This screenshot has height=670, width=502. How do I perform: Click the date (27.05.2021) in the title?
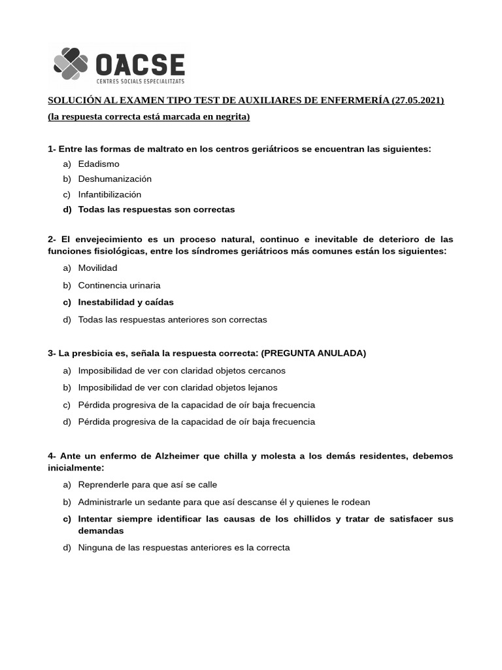(x=418, y=100)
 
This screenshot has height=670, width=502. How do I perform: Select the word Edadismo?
(x=99, y=164)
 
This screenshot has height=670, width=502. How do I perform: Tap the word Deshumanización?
(x=114, y=179)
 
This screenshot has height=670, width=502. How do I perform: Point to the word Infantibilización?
(x=109, y=194)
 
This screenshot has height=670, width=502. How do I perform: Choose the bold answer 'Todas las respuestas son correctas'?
(x=156, y=209)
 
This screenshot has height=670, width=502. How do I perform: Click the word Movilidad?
(x=97, y=268)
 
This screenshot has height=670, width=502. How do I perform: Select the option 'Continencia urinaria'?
(x=119, y=285)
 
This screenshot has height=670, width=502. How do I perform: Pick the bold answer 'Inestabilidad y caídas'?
(x=125, y=302)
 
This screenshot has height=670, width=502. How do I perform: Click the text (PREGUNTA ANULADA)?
(x=314, y=353)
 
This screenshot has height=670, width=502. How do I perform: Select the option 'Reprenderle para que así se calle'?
(x=147, y=485)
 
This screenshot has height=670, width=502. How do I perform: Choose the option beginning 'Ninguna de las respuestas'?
(x=183, y=548)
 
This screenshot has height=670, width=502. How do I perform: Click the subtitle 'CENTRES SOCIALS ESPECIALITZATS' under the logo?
(x=140, y=81)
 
